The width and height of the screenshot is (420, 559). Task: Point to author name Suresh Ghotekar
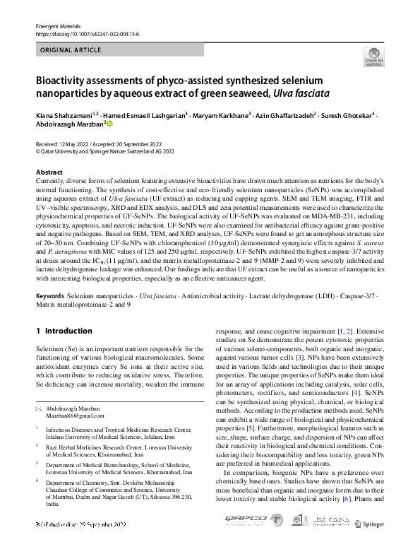(x=347, y=114)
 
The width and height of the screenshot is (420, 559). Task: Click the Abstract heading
(x=49, y=172)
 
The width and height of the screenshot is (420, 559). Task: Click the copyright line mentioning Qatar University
(x=104, y=151)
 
